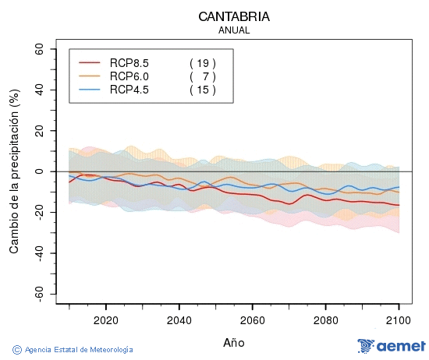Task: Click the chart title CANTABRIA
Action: click(235, 16)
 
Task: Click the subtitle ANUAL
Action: click(235, 30)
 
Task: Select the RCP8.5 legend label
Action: click(129, 62)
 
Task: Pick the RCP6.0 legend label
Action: click(129, 76)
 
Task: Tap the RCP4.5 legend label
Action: click(129, 90)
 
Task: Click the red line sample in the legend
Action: click(90, 63)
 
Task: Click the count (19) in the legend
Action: click(202, 62)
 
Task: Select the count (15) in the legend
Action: click(202, 90)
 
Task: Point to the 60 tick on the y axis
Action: click(37, 48)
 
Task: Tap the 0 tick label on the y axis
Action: click(40, 171)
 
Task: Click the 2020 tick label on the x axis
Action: click(105, 319)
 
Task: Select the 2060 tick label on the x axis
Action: click(252, 319)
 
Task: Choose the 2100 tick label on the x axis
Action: click(399, 319)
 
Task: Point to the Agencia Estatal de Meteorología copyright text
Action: click(73, 350)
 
